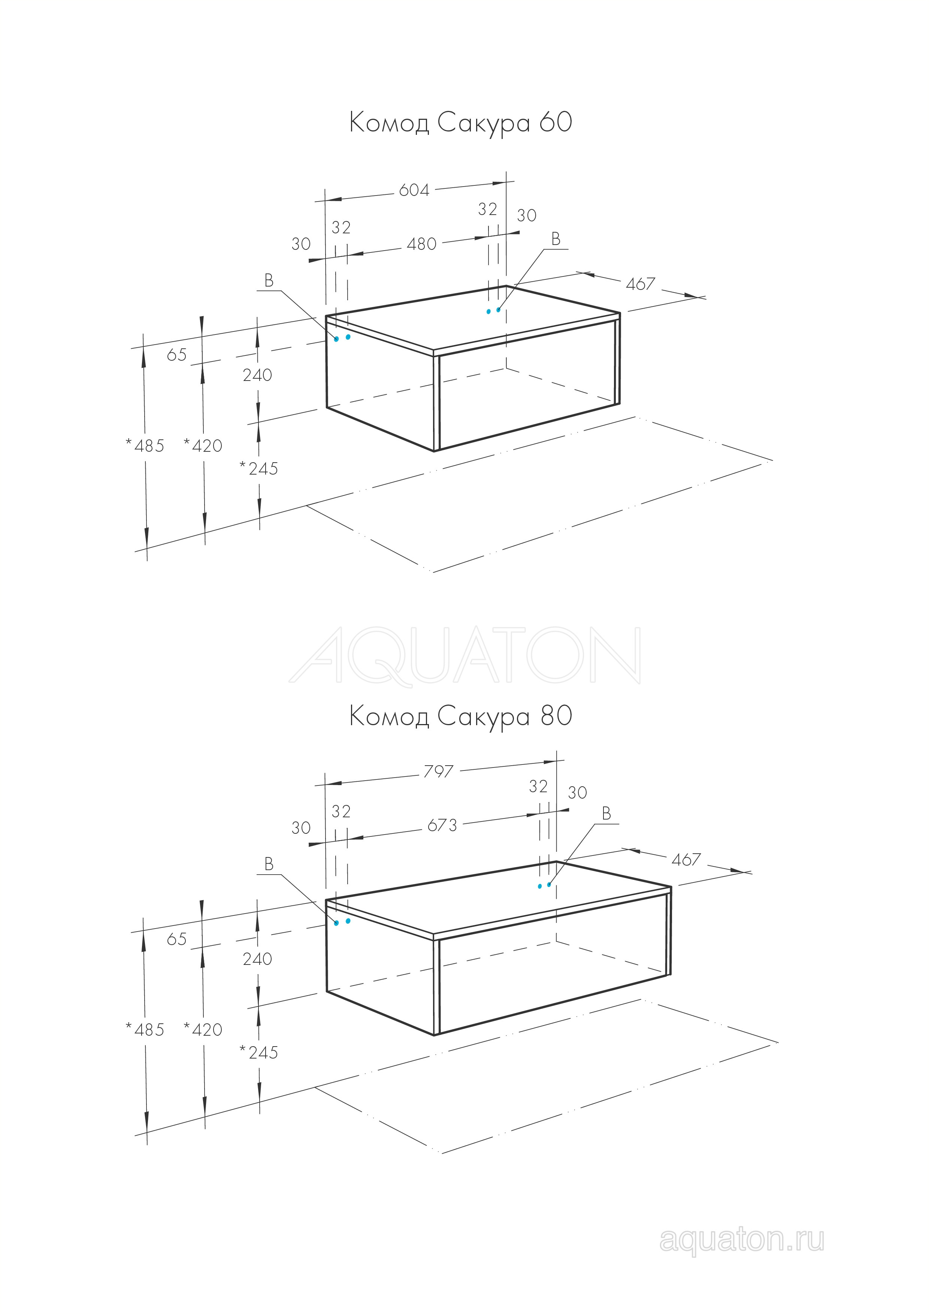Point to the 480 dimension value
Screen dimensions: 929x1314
(422, 244)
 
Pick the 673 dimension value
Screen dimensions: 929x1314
(442, 825)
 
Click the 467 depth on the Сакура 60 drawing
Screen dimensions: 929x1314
(641, 284)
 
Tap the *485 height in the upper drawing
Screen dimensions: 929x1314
(145, 445)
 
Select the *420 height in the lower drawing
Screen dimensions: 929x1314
(203, 1030)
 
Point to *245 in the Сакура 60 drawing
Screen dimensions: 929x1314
(259, 469)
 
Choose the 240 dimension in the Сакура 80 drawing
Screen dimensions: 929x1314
(258, 959)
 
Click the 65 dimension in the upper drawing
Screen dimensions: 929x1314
(177, 355)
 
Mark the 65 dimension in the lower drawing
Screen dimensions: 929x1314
(177, 939)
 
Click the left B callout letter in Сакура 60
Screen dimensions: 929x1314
(269, 281)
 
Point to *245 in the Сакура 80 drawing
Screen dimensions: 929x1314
(259, 1053)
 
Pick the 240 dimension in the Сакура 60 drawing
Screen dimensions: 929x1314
(258, 375)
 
